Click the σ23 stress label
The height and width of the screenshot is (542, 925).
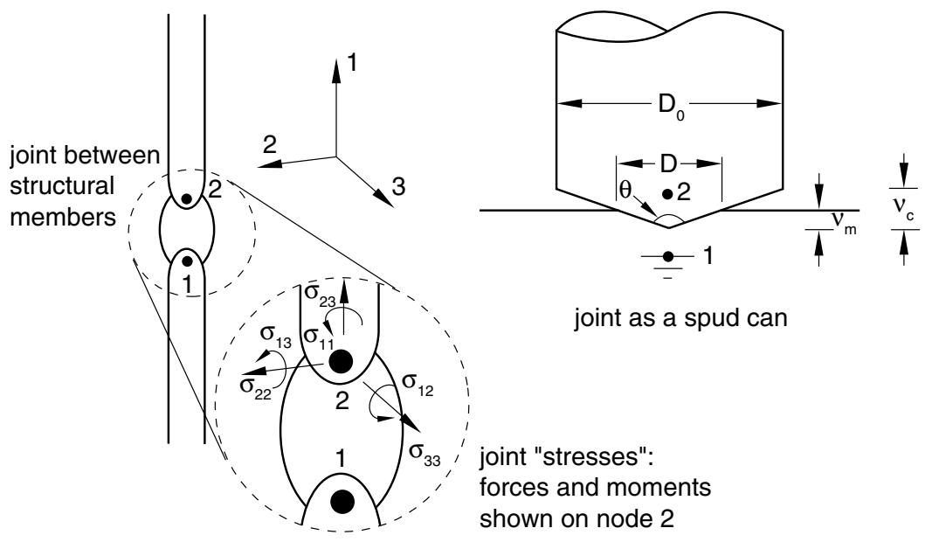tap(319, 295)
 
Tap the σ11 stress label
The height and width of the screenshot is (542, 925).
tap(319, 337)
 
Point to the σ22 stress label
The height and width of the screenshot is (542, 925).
tap(255, 387)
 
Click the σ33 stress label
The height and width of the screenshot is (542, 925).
tap(425, 453)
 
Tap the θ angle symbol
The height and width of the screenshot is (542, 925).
tap(625, 188)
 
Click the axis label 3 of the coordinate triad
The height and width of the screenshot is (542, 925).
tap(399, 187)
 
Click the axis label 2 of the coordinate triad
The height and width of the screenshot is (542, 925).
tap(270, 145)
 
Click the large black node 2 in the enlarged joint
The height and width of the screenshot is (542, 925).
tap(341, 361)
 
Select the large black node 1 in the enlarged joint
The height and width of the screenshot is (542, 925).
tap(342, 501)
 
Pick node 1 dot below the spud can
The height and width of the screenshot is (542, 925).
tap(668, 256)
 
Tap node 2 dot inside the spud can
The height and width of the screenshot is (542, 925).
tap(668, 193)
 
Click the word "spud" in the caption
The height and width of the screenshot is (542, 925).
tap(709, 318)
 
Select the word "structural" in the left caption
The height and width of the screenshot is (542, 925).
tap(62, 186)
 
